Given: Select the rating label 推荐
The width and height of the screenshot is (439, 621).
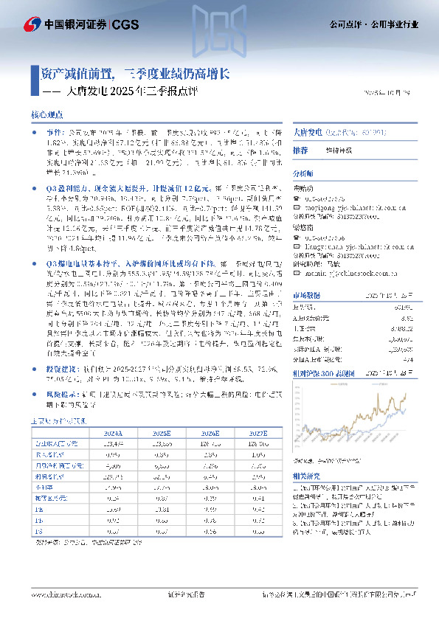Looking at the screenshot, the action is [300, 150].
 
